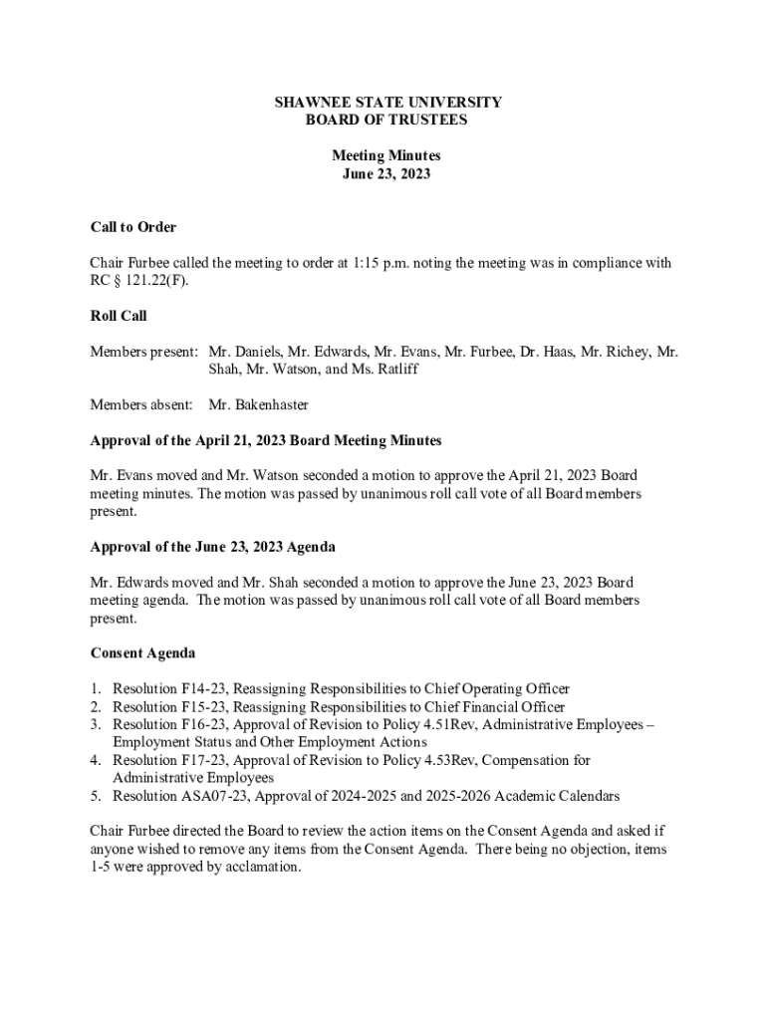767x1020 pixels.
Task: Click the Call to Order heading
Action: pyautogui.click(x=133, y=227)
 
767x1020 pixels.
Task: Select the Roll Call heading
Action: pyautogui.click(x=119, y=316)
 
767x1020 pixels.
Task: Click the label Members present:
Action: pyautogui.click(x=143, y=352)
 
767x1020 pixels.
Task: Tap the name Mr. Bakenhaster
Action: pyautogui.click(x=259, y=404)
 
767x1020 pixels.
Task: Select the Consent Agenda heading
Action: pyautogui.click(x=142, y=653)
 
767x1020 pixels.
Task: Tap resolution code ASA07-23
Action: pyautogui.click(x=217, y=796)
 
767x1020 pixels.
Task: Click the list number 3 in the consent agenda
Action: pyautogui.click(x=96, y=724)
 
